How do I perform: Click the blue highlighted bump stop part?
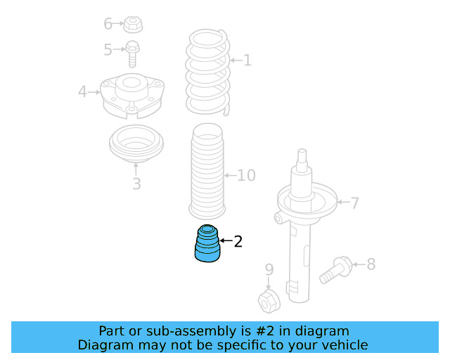click(207, 243)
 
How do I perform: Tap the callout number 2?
click(238, 241)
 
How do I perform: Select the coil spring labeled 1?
click(208, 72)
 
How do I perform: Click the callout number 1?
click(247, 60)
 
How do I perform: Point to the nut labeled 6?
click(133, 25)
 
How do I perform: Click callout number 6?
click(108, 23)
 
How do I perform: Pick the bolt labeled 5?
click(132, 54)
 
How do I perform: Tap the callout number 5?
click(108, 50)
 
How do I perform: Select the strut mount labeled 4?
click(132, 96)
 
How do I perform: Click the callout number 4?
click(83, 92)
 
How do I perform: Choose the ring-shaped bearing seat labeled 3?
click(136, 143)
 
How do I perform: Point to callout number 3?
click(136, 184)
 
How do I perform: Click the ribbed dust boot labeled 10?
click(207, 171)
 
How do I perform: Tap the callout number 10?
click(246, 175)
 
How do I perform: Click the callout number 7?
click(355, 203)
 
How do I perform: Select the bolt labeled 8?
click(336, 270)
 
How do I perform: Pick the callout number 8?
click(371, 264)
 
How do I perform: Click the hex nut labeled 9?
click(269, 301)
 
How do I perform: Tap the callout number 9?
click(269, 270)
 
